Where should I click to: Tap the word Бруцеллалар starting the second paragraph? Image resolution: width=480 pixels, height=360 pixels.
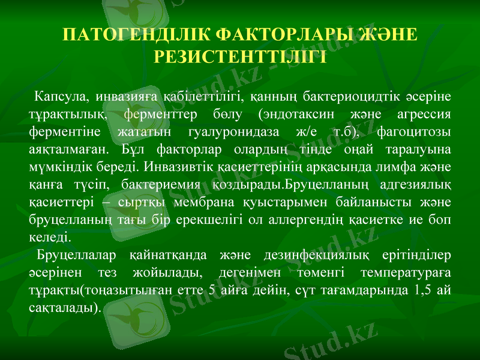[x=77, y=256]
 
